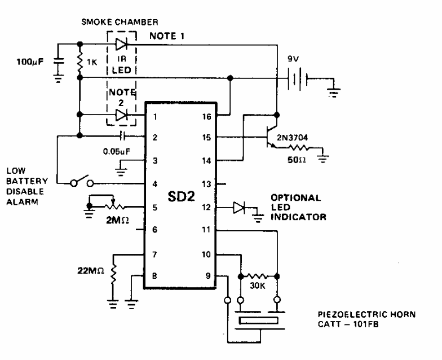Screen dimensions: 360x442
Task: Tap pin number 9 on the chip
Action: click(x=207, y=276)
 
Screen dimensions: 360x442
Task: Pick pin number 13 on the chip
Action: click(x=206, y=184)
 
